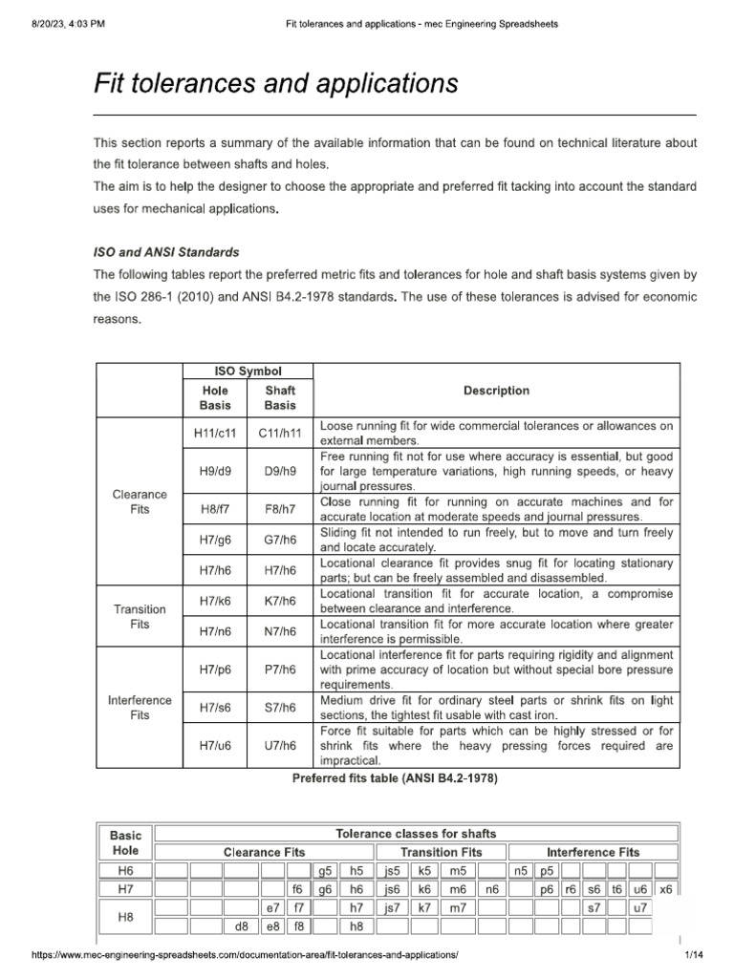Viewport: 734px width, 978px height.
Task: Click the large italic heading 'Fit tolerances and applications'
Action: tap(275, 84)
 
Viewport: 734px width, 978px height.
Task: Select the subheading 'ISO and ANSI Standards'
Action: tap(165, 253)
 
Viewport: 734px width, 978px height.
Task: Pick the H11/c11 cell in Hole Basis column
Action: tap(214, 433)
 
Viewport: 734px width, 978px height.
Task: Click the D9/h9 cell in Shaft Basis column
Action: tap(280, 470)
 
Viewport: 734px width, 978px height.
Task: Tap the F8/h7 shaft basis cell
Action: tap(280, 510)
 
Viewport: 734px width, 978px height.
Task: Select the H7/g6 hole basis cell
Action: tap(214, 540)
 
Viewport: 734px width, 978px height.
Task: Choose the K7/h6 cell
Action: tap(280, 601)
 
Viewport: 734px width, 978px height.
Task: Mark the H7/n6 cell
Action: tap(214, 631)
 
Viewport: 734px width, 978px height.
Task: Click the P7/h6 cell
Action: tap(280, 670)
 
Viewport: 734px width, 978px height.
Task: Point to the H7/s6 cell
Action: tap(214, 708)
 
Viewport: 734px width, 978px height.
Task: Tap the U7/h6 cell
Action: tap(280, 745)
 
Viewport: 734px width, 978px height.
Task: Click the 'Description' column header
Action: tap(496, 391)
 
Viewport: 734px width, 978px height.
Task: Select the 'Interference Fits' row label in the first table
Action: tap(140, 708)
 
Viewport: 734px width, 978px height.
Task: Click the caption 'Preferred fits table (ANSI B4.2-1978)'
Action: tap(395, 778)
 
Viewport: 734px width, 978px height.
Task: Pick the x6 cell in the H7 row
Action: tap(666, 888)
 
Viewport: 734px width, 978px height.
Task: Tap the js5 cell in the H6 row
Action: tap(391, 871)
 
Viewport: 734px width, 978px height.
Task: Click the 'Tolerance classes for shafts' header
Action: tap(416, 834)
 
